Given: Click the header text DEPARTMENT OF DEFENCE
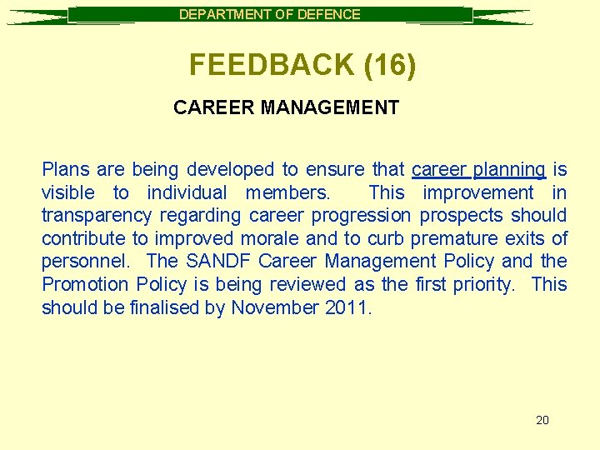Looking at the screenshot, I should click(x=270, y=14).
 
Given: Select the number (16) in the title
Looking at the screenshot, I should click(x=389, y=65).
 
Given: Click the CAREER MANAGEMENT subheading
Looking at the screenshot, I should click(x=286, y=107).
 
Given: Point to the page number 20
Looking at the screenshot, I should click(x=542, y=420).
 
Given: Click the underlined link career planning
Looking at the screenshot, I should click(x=478, y=170).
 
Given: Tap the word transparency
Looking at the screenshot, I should click(x=97, y=216).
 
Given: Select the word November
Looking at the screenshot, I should click(x=273, y=307).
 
